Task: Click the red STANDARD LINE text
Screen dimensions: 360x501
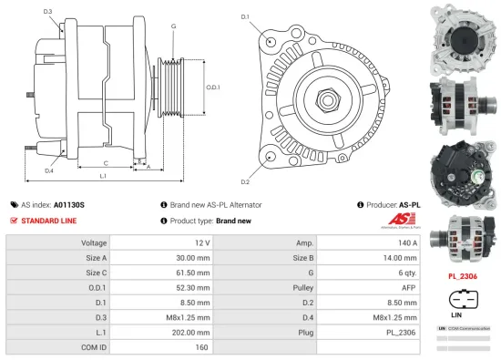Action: (49, 221)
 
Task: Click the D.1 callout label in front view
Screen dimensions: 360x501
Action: (245, 16)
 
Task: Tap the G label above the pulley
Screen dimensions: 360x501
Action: (173, 27)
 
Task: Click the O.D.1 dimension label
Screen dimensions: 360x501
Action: (211, 87)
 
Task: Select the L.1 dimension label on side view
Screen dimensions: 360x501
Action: (103, 175)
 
